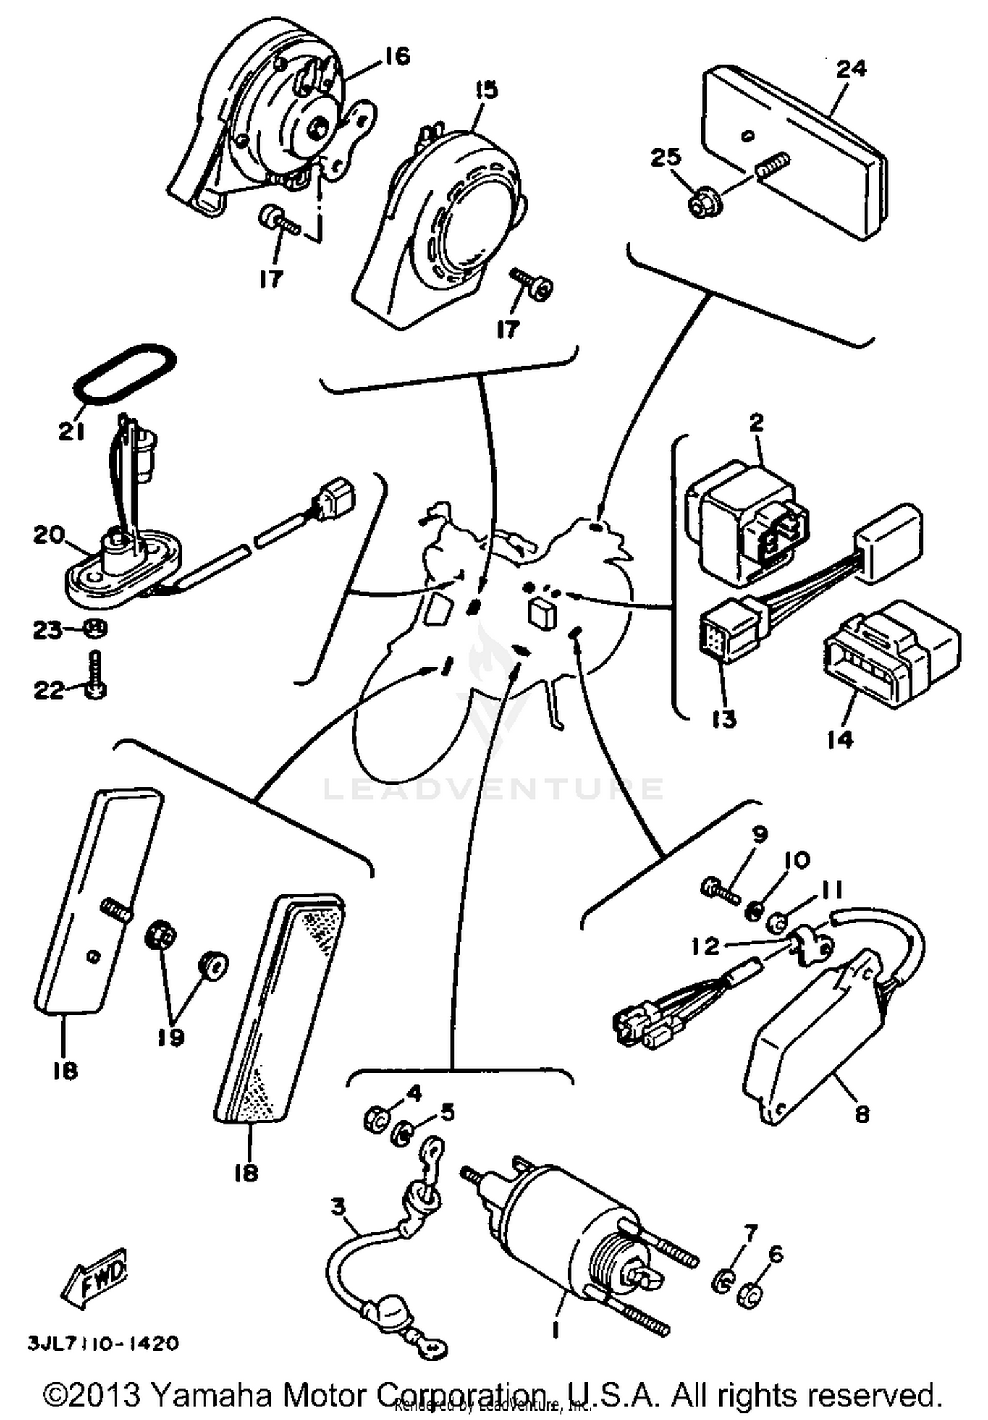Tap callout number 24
tap(851, 69)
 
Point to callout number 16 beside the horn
tap(397, 57)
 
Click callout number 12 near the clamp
tap(705, 946)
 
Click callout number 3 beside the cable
tap(337, 1207)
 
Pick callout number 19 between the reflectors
tap(171, 1038)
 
